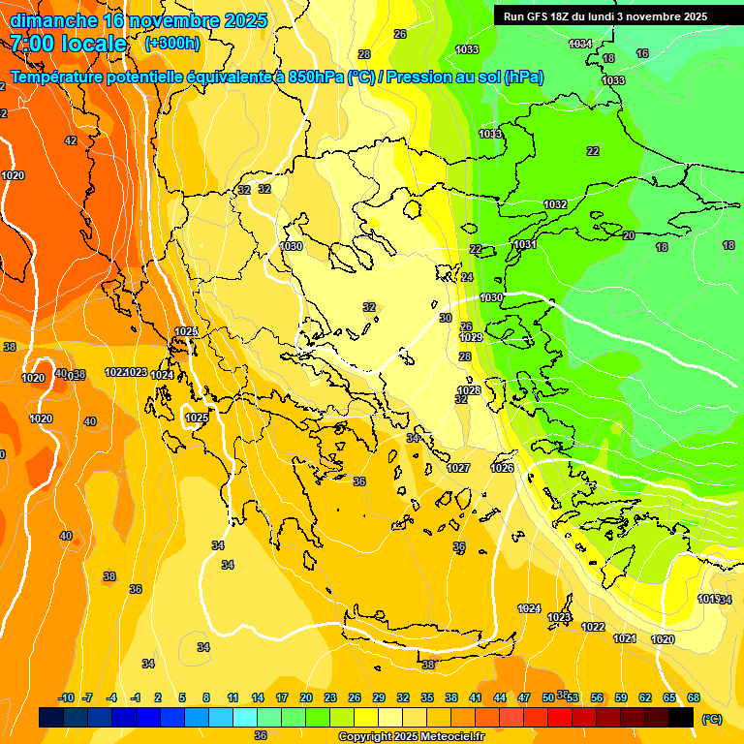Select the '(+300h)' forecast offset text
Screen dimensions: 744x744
pyautogui.click(x=172, y=43)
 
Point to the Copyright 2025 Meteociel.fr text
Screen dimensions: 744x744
pyautogui.click(x=412, y=736)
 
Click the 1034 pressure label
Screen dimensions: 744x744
pyautogui.click(x=580, y=44)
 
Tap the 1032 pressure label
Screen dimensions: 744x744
pyautogui.click(x=555, y=204)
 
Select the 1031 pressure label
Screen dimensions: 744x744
pyautogui.click(x=525, y=244)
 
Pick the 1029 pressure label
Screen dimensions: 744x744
pyautogui.click(x=471, y=337)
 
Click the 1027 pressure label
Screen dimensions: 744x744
pyautogui.click(x=458, y=468)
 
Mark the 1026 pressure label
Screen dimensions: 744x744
pyautogui.click(x=502, y=468)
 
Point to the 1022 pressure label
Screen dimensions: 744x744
pyautogui.click(x=593, y=627)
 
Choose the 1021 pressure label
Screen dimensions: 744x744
pyautogui.click(x=625, y=638)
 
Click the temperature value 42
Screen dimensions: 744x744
pyautogui.click(x=71, y=140)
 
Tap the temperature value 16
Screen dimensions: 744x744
pyautogui.click(x=642, y=53)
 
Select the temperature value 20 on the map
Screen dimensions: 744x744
pyautogui.click(x=629, y=235)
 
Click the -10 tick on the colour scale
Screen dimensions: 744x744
pyautogui.click(x=66, y=697)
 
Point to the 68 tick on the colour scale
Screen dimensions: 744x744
pyautogui.click(x=694, y=697)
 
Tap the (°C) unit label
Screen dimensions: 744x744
pyautogui.click(x=711, y=718)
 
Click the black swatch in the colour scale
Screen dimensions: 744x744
pyautogui.click(x=681, y=718)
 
